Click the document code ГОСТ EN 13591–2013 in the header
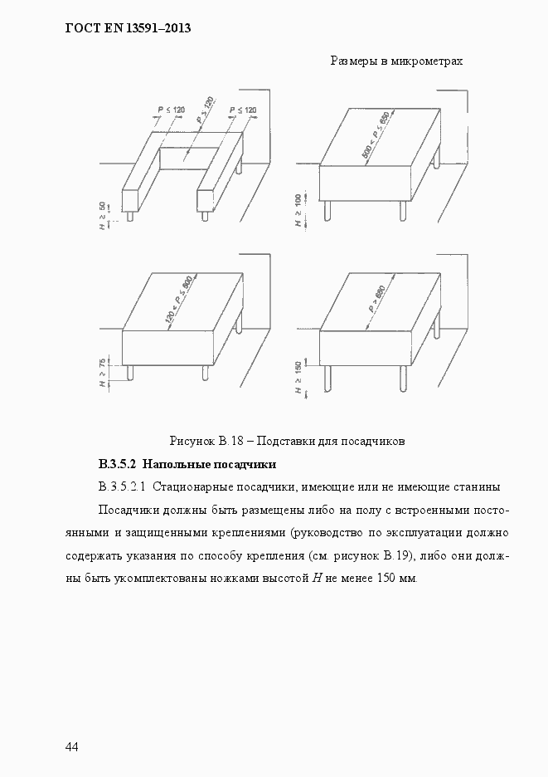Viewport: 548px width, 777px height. pos(127,28)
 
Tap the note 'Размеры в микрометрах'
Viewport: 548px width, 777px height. pos(396,61)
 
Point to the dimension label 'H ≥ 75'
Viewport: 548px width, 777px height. pos(102,374)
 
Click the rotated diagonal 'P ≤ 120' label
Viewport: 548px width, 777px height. pos(205,110)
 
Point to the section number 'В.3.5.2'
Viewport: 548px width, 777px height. pos(122,463)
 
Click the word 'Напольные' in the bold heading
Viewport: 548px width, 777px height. pos(184,463)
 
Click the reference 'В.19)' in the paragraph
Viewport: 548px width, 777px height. pos(406,555)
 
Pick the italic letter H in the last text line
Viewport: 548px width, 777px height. pos(317,578)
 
